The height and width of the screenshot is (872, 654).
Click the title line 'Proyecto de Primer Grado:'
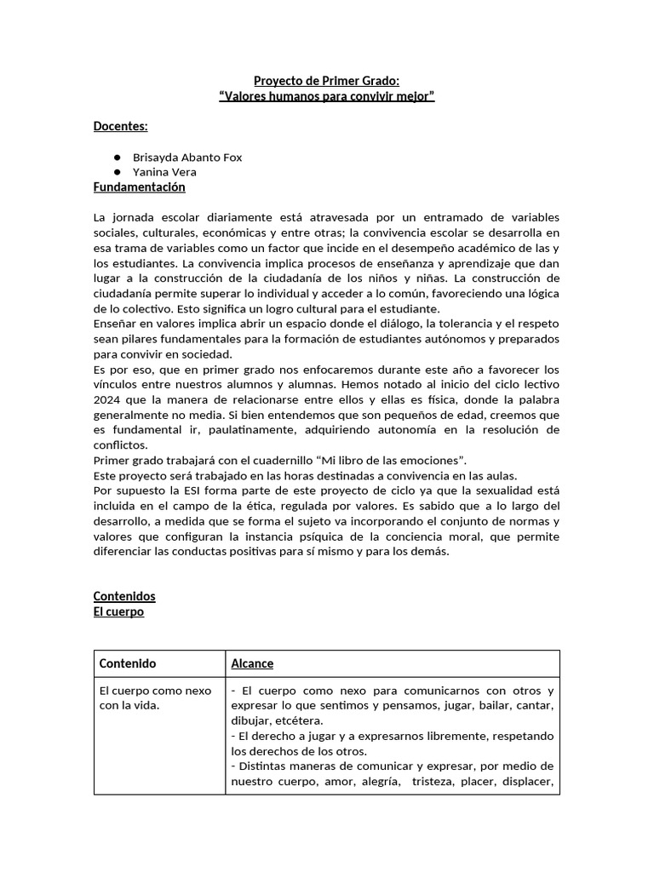point(327,81)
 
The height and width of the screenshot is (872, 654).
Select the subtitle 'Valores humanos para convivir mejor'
point(327,96)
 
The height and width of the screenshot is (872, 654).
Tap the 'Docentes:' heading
point(120,127)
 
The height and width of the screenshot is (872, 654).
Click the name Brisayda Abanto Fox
point(187,158)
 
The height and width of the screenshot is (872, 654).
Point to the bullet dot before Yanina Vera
point(116,172)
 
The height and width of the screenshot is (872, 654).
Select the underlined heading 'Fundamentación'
point(139,187)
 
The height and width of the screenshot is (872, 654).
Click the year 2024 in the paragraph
point(107,399)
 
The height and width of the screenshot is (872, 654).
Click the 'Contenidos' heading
point(124,596)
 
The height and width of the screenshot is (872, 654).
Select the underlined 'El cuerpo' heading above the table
point(118,611)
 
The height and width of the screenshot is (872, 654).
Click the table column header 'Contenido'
point(128,663)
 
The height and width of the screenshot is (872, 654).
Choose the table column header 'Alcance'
point(252,663)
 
